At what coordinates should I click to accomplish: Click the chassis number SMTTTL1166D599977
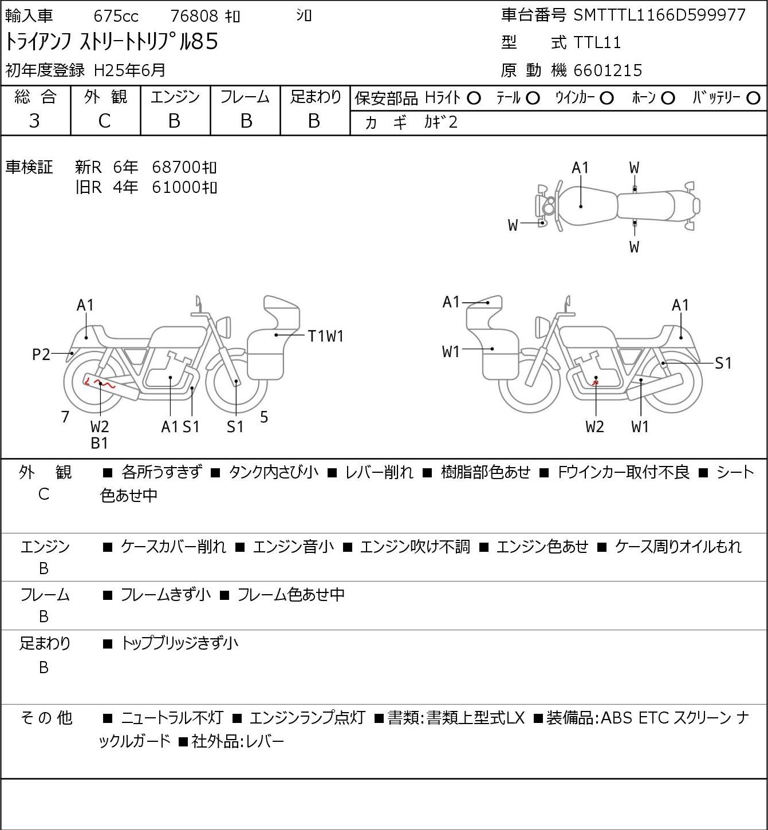pos(659,15)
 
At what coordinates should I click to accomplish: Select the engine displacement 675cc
pos(116,16)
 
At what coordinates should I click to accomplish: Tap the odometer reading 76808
pos(194,16)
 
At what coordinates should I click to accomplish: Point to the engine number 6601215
pos(608,70)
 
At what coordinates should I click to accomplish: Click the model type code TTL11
pos(597,42)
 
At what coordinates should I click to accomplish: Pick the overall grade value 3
pos(34,121)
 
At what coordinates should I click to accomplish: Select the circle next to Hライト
pos(474,98)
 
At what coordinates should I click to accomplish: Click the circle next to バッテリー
pos(753,98)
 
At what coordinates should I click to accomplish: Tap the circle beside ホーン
pos(668,98)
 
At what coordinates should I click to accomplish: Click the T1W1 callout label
pos(325,336)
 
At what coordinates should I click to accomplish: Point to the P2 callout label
pos(41,355)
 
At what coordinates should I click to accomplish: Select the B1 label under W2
pos(100,443)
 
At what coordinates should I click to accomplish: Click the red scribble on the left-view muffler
pos(100,382)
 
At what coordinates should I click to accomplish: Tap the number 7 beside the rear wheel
pos(65,417)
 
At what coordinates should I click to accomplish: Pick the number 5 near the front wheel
pos(263,417)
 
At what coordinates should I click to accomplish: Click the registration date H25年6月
pos(129,70)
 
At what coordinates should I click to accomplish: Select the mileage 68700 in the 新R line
pos(176,167)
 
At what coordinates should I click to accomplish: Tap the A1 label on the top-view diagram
pos(580,168)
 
